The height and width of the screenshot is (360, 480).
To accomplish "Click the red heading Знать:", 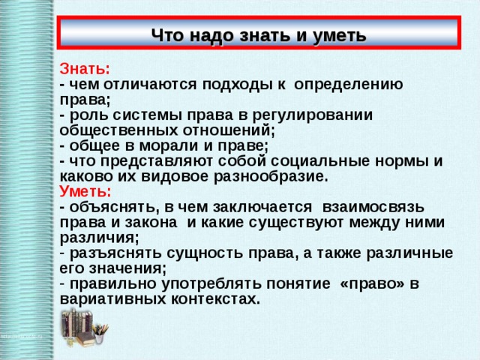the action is (x=85, y=69).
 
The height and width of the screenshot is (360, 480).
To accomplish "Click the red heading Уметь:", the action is (x=85, y=192).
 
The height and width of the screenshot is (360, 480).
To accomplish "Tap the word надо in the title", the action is (x=211, y=35).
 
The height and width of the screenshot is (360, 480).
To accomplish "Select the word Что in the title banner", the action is (x=168, y=35).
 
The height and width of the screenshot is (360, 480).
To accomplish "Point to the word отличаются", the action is (x=150, y=85).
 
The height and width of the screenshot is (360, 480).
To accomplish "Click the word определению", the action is (x=348, y=85).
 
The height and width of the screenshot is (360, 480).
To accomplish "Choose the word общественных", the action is (x=118, y=130).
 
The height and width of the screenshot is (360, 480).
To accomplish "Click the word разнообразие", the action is (x=271, y=177).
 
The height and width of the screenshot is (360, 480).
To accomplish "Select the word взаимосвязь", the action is (x=373, y=207).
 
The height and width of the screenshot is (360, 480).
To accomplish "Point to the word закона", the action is (x=151, y=223).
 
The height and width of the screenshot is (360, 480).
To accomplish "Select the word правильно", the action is (x=113, y=284).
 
